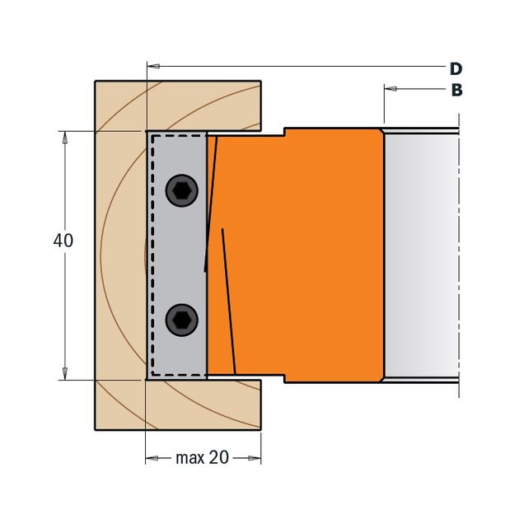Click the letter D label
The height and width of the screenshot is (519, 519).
point(456,69)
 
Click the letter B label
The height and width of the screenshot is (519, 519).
point(456,90)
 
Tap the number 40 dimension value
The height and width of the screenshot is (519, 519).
point(63,241)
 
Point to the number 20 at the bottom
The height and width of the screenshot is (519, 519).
point(219,457)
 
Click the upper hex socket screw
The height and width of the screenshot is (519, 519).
point(182,190)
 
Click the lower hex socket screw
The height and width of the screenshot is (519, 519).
point(182,320)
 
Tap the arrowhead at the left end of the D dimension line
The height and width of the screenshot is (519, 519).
point(153,66)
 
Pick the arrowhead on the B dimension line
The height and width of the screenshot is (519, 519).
point(390,89)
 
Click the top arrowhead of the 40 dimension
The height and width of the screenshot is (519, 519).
point(65,138)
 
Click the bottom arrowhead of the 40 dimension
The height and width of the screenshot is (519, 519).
point(65,374)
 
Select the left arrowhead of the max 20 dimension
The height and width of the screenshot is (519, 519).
point(152,458)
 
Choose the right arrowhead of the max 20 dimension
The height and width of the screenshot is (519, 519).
point(255,458)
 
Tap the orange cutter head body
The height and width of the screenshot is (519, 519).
point(298,255)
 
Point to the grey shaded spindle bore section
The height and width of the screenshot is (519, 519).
point(421,255)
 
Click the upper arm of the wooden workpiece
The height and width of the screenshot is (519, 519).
point(178,106)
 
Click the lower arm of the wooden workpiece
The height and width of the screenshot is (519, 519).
point(178,404)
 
